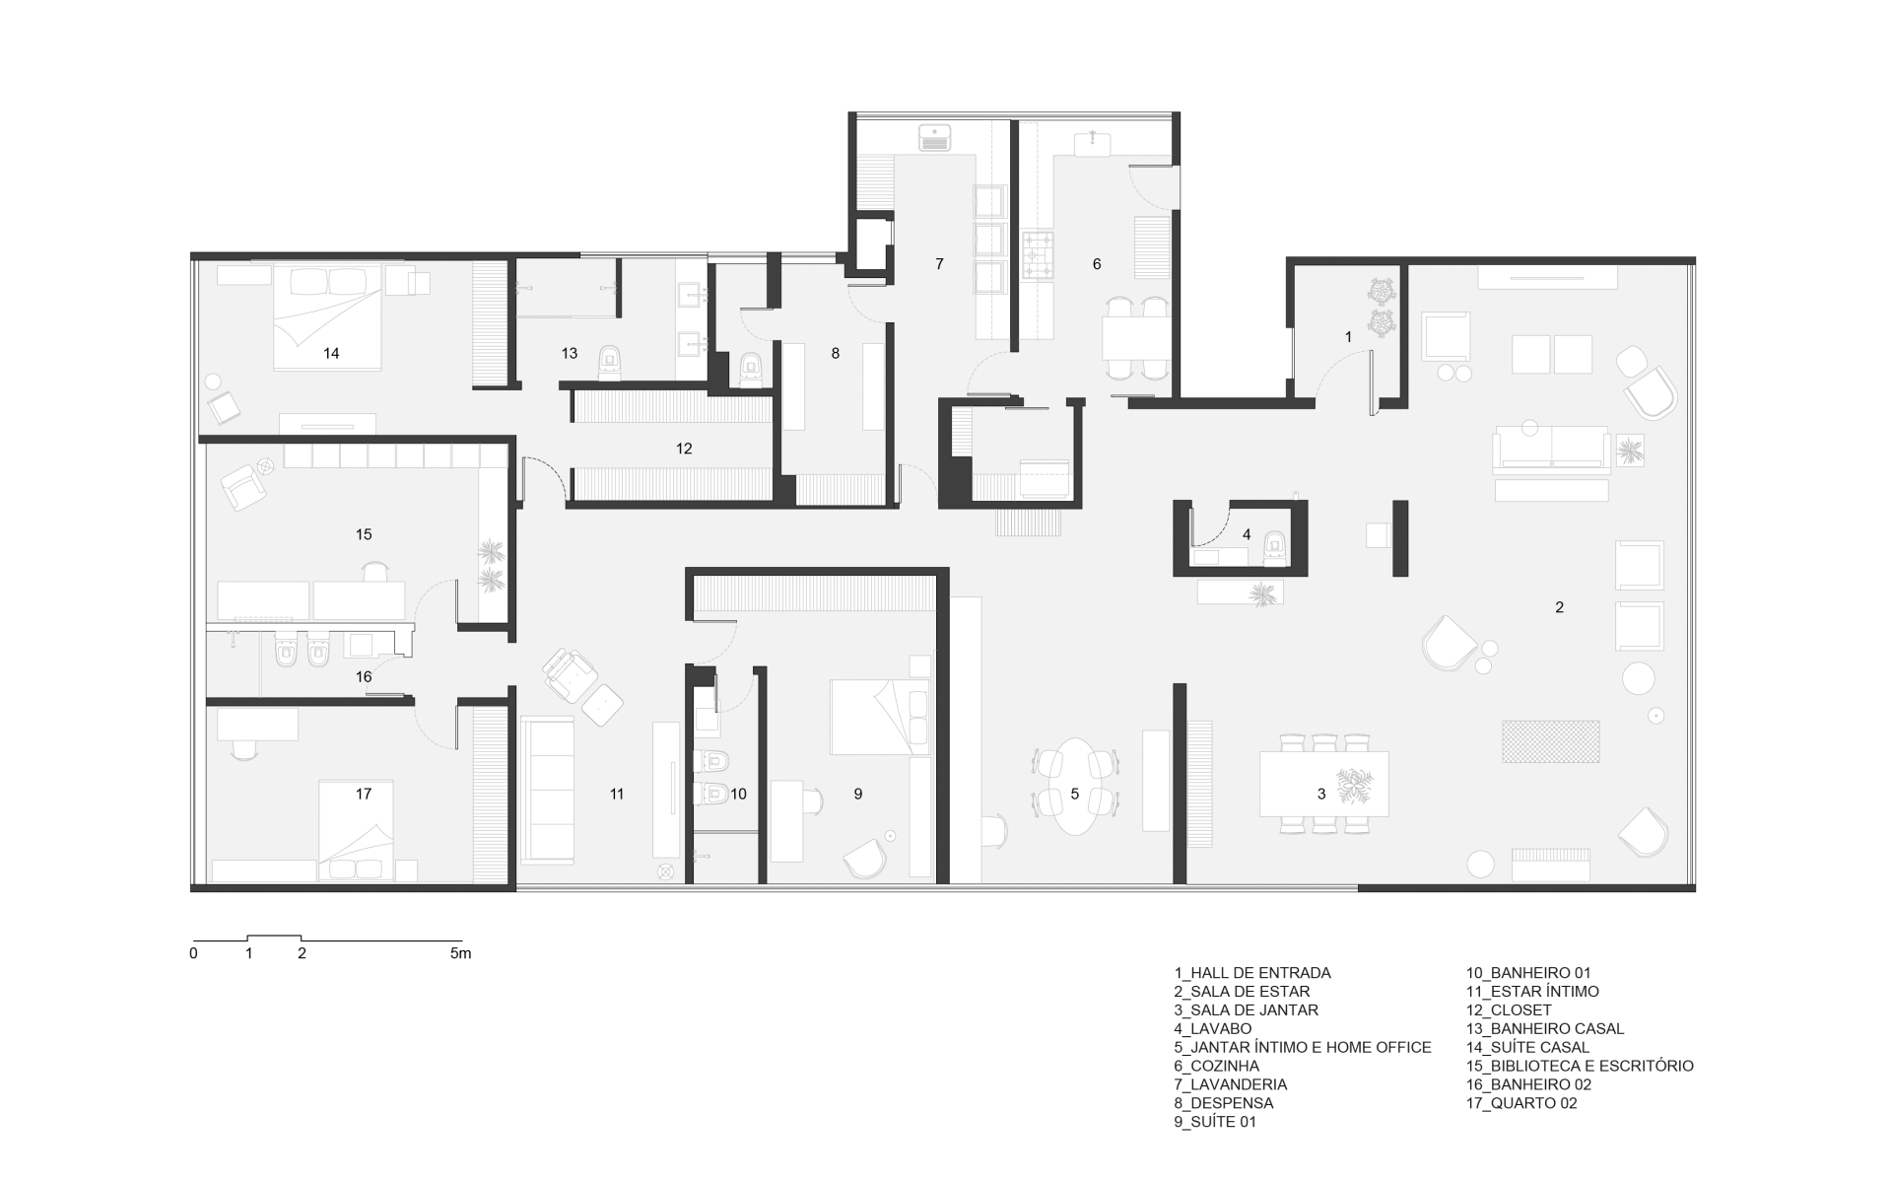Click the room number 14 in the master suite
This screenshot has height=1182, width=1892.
pyautogui.click(x=331, y=353)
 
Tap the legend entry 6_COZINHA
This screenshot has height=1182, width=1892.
pyautogui.click(x=1216, y=1066)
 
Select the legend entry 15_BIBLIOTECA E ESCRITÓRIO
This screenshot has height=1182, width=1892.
pyautogui.click(x=1580, y=1066)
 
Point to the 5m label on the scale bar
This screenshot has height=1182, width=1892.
pyautogui.click(x=460, y=953)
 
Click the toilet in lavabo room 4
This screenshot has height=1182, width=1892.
pyautogui.click(x=1275, y=549)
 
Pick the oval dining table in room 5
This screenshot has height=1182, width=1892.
pyautogui.click(x=1075, y=787)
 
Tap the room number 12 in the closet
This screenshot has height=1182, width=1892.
pyautogui.click(x=684, y=449)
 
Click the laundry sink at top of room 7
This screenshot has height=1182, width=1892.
pyautogui.click(x=935, y=137)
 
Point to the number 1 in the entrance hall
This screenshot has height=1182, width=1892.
pyautogui.click(x=1349, y=337)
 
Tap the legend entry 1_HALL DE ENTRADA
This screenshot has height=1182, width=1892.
pyautogui.click(x=1252, y=973)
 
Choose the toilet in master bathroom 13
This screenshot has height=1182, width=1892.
pyautogui.click(x=610, y=363)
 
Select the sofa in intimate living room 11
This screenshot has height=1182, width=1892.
pyautogui.click(x=547, y=790)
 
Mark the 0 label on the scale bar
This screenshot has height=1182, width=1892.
pyautogui.click(x=194, y=953)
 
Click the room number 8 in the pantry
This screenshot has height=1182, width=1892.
pyautogui.click(x=836, y=353)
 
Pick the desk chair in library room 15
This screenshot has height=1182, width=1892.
pyautogui.click(x=375, y=570)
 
